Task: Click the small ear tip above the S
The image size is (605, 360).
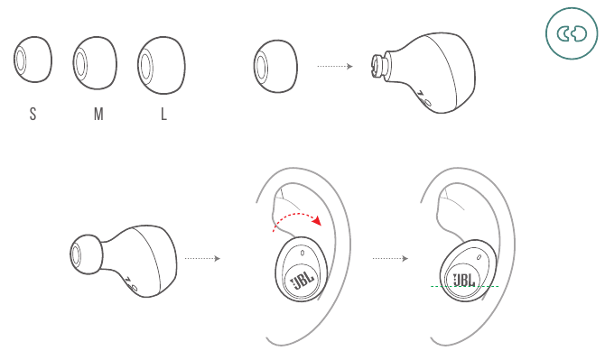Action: pyautogui.click(x=33, y=63)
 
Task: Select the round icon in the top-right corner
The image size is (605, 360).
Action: pyautogui.click(x=572, y=35)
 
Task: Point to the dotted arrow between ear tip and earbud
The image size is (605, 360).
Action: pyautogui.click(x=334, y=66)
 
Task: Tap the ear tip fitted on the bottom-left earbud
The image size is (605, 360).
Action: pyautogui.click(x=88, y=254)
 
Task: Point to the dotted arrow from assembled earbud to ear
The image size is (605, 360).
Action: pyautogui.click(x=202, y=258)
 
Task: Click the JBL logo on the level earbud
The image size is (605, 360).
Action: pyautogui.click(x=466, y=279)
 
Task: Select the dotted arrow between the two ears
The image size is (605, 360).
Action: pyautogui.click(x=390, y=258)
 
